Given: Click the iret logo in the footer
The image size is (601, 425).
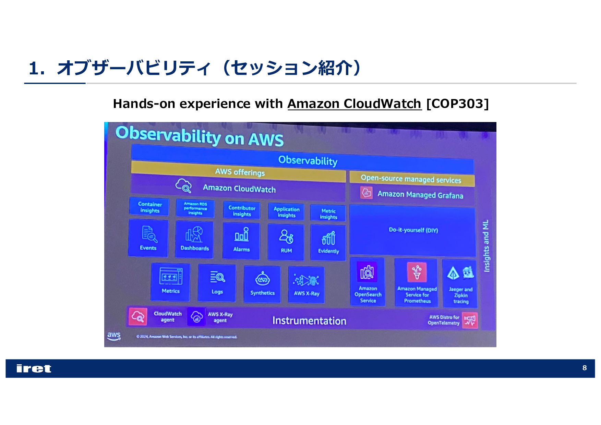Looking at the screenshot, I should pos(34,368).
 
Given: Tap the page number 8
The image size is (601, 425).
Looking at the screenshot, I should pos(584,368).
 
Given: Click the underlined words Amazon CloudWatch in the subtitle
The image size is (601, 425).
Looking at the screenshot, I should pos(354,104).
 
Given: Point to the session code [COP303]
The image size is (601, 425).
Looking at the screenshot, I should pos(457,104).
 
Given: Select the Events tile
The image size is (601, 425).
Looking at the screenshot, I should pos(148,238).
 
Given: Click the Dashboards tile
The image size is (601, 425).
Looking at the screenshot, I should pos(194,239).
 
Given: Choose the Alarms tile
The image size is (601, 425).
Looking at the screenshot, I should pos(241,240).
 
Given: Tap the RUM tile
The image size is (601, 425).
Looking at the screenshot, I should pos(286,242).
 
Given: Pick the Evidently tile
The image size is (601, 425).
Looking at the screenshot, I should pos(328,242).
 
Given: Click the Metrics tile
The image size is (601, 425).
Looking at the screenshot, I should pos(170,281).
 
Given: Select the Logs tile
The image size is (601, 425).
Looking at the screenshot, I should pos(217,282).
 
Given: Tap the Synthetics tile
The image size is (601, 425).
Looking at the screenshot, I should pos(262,284).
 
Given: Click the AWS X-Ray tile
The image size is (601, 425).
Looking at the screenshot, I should pos(306,285).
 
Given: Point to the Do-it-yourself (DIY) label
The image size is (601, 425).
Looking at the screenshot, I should pos(413,230).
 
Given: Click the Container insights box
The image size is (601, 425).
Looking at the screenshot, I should pos(149,207).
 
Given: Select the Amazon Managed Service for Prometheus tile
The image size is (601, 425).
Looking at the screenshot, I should pos(417,283).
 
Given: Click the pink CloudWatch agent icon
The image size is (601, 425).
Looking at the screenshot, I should pos(138,316).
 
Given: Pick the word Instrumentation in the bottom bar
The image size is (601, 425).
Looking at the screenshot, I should pos(309,321).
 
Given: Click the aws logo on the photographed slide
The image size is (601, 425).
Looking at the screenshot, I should pos(114,336).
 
